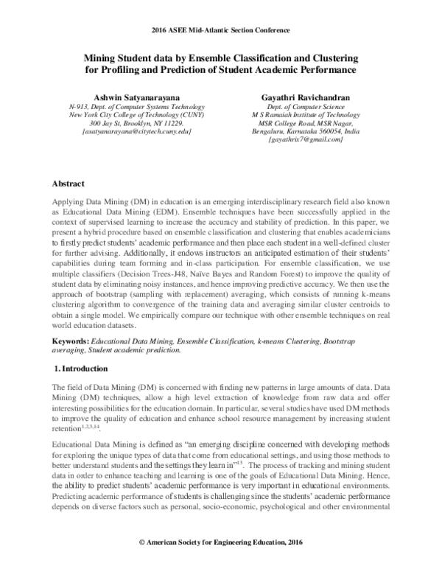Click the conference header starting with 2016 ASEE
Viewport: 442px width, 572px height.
click(x=220, y=30)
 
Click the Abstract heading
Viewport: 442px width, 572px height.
click(x=68, y=183)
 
